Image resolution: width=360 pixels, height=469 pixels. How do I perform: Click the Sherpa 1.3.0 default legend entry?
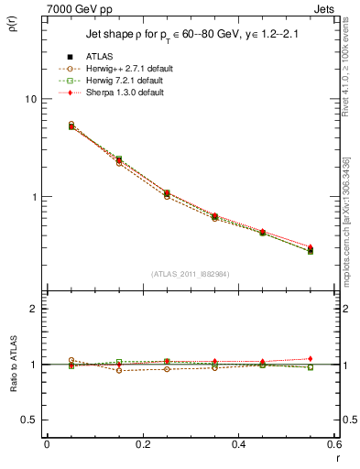(124, 93)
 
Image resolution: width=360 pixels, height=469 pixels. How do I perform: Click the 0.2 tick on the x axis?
(142, 444)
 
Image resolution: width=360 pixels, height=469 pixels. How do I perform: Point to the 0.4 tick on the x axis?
(238, 444)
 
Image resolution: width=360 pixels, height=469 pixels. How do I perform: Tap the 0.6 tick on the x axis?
(333, 444)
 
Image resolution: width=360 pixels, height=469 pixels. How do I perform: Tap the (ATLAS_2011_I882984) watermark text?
(190, 273)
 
